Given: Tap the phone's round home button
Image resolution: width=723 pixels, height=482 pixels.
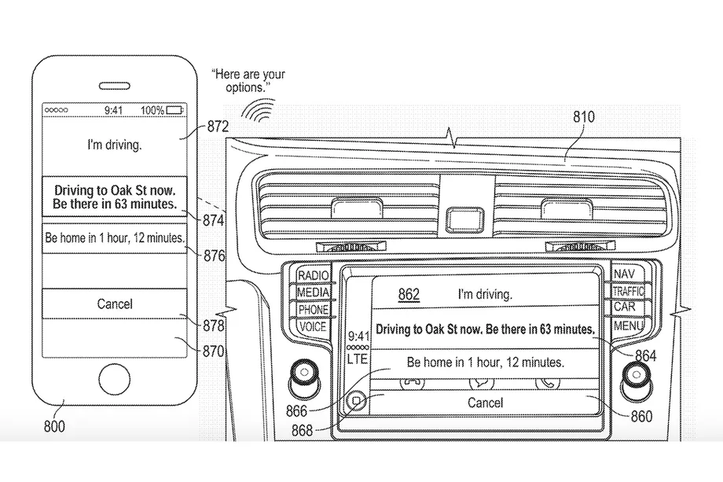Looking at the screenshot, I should click(x=115, y=377).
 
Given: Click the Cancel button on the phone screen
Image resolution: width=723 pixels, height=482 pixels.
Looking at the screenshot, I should click(x=115, y=304).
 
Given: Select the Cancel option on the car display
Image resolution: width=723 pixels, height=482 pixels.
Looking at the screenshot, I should click(x=485, y=403).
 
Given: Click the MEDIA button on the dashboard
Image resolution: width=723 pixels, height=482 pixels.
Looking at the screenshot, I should click(x=313, y=293).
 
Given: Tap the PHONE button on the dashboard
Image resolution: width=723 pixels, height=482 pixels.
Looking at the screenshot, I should click(x=313, y=310).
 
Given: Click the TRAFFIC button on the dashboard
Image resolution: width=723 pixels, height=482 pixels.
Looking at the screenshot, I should click(x=628, y=292).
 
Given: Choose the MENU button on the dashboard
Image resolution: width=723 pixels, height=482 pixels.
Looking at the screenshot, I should click(x=629, y=326).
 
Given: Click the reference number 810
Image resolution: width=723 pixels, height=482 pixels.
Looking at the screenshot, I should click(x=583, y=117).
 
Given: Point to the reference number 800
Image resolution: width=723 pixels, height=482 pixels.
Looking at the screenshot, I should click(x=54, y=427).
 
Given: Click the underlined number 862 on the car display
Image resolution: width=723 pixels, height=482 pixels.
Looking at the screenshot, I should click(x=409, y=295).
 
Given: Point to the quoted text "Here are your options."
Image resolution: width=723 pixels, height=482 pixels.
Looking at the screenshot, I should click(x=248, y=81).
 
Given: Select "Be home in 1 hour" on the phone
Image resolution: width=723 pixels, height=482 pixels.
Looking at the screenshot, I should click(x=115, y=237).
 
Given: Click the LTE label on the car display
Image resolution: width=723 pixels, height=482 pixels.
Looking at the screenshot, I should click(x=358, y=359).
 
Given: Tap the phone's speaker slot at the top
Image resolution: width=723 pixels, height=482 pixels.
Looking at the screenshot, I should click(x=115, y=86).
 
